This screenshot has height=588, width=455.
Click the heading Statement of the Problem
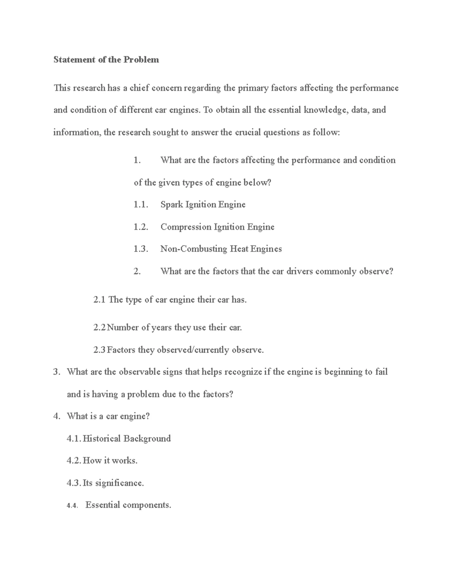(x=106, y=60)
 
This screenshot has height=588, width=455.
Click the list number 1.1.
(x=140, y=205)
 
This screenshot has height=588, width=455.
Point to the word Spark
(x=171, y=205)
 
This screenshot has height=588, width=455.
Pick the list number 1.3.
(x=140, y=249)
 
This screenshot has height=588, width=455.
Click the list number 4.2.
(x=74, y=461)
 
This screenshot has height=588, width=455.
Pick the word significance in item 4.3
(x=119, y=483)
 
